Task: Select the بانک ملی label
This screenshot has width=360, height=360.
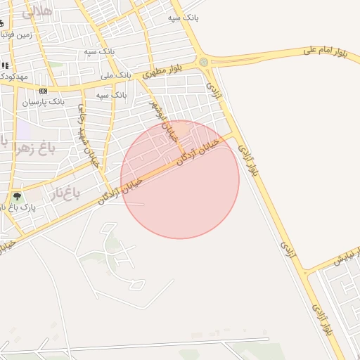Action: [115, 75]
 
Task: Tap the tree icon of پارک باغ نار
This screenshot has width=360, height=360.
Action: [17, 197]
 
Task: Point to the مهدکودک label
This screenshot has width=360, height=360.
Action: [13, 76]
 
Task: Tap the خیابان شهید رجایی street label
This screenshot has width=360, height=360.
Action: [85, 134]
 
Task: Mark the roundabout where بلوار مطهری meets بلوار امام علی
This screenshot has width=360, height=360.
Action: [204, 62]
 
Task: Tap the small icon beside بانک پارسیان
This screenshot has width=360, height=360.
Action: [44, 91]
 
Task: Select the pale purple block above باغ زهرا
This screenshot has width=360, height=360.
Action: [24, 129]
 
